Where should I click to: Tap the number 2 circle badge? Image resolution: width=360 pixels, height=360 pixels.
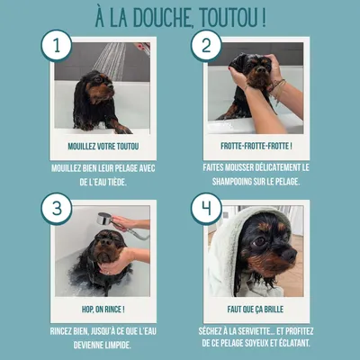(205, 46)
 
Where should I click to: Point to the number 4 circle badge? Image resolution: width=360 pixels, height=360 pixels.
(205, 210)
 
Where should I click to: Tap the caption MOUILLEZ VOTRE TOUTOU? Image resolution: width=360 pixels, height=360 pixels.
(103, 145)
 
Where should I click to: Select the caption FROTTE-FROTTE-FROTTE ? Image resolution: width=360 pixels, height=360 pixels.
(257, 145)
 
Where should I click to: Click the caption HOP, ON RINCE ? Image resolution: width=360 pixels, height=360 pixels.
(103, 309)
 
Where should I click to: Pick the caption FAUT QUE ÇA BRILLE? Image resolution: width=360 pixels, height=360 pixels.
(257, 309)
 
